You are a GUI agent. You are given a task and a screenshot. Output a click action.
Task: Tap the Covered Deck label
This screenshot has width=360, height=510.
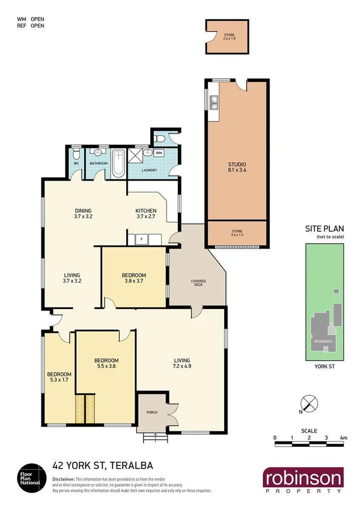pos(198,283)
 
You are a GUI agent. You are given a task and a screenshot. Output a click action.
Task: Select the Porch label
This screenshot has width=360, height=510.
pos(153,413)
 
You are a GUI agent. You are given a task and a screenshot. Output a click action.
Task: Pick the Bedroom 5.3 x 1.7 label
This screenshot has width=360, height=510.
pos(59,376)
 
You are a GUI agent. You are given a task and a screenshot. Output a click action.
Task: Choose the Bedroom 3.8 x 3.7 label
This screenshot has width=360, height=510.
pos(135,278)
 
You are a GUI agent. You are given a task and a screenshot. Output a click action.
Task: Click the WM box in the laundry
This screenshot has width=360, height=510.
pos(159,153)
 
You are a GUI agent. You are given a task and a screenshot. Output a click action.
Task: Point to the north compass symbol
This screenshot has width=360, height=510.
pos(307,404)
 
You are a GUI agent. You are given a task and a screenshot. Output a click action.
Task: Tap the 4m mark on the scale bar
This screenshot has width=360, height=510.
pos(343,437)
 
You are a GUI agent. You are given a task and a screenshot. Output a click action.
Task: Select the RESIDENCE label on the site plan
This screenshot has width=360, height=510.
pos(323,342)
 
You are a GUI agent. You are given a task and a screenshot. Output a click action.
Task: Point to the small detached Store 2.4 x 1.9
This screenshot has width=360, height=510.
pos(229,38)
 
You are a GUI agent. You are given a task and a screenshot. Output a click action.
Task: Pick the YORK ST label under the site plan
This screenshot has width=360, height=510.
pos(324,365)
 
